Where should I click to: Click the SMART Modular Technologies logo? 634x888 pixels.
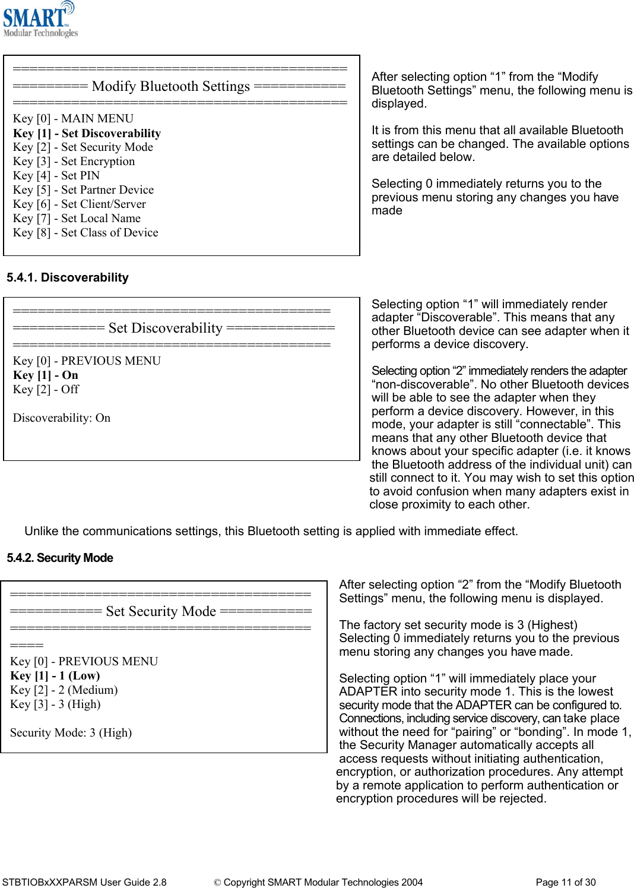tap(40, 20)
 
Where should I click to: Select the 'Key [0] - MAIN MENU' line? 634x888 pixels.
tap(73, 119)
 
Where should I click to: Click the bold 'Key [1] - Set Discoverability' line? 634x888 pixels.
tap(87, 133)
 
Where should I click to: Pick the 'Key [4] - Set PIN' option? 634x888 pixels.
tap(56, 176)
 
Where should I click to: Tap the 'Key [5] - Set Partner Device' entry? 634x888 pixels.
tap(83, 190)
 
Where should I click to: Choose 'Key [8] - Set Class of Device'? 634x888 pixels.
tap(85, 233)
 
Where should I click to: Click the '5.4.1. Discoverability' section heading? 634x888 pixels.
tap(68, 277)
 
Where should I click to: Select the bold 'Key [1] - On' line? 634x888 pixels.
tap(46, 375)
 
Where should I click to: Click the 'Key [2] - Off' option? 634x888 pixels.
tap(46, 390)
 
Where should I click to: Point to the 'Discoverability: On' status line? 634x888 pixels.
tap(62, 418)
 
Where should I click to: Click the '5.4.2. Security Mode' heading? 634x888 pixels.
tap(60, 558)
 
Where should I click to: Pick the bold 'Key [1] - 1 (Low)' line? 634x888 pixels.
tap(55, 676)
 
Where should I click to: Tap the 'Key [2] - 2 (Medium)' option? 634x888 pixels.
tap(64, 690)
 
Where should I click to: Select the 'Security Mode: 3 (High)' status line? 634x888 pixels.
tap(71, 733)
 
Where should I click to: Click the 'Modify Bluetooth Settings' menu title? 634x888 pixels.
tap(171, 87)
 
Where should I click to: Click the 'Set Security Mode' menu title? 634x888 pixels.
tap(161, 612)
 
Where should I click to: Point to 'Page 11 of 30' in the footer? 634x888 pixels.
tap(565, 883)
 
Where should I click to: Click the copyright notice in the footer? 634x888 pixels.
tap(319, 883)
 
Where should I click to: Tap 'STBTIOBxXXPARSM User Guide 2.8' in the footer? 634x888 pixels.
tap(84, 883)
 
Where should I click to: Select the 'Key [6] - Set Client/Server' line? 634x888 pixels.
tap(80, 204)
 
